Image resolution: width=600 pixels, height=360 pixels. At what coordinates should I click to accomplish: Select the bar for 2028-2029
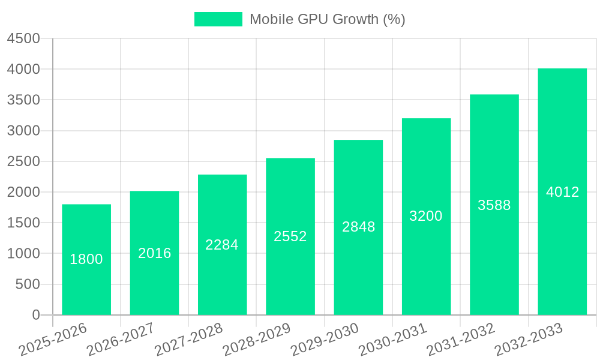pos(290,270)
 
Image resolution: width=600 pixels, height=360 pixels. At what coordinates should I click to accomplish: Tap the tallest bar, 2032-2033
pos(562,240)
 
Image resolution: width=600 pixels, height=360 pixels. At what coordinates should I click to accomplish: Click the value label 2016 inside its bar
pos(155,253)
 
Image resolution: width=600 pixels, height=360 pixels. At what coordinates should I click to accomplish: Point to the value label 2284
pos(222,245)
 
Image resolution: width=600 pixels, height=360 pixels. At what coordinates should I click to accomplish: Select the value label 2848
pos(358,227)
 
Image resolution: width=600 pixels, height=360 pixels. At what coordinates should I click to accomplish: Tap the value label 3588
pos(494,205)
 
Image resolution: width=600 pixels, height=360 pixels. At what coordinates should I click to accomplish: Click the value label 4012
pos(562,192)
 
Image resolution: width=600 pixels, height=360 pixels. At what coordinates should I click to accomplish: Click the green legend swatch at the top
pos(218,19)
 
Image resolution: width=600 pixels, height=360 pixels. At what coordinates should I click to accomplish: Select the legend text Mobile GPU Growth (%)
pos(328,19)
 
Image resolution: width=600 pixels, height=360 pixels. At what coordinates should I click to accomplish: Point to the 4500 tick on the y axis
pos(23,39)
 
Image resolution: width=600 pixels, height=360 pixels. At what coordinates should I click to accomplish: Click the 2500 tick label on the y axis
pos(23,161)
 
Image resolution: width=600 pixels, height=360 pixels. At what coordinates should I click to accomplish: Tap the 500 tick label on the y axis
pos(28,284)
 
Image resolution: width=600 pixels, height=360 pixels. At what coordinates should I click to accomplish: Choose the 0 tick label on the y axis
pos(35,315)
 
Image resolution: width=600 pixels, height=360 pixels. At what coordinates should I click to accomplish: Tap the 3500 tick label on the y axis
pos(23,100)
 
